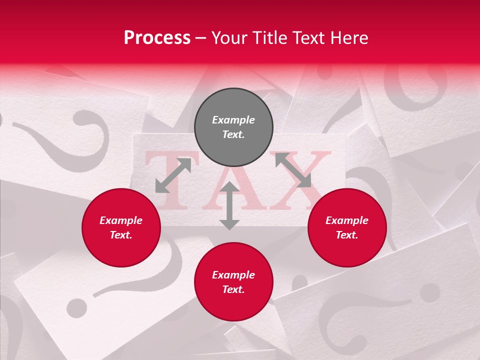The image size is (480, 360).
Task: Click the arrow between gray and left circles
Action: [x=173, y=175]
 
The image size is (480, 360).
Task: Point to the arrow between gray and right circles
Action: [x=293, y=170]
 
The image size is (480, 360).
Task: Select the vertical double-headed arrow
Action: [x=229, y=206]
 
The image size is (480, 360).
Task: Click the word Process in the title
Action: [x=157, y=37]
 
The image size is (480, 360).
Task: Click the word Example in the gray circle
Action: [x=233, y=120]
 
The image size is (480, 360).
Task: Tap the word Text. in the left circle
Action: [x=121, y=235]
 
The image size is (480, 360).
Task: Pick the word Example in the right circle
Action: [x=347, y=220]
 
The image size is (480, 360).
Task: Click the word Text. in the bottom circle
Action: [x=233, y=289]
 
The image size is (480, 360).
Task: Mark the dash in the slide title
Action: [x=201, y=37]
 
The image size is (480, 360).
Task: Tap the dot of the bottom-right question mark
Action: [x=430, y=292]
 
